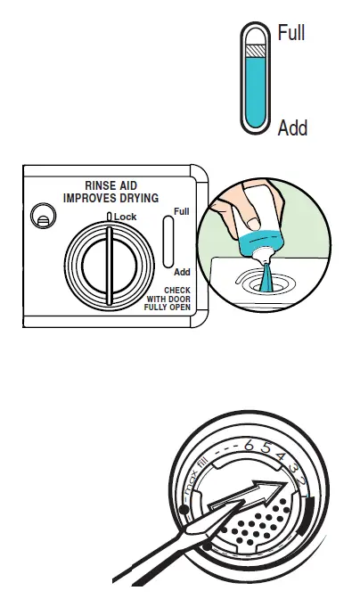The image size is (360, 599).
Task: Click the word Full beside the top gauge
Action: (291, 34)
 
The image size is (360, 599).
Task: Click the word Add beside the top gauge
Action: (292, 128)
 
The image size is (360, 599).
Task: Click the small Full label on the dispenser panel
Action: (182, 212)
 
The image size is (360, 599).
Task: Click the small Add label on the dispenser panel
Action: (182, 271)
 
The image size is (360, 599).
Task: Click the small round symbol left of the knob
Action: (39, 216)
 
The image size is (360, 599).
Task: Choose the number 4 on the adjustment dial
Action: (280, 458)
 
